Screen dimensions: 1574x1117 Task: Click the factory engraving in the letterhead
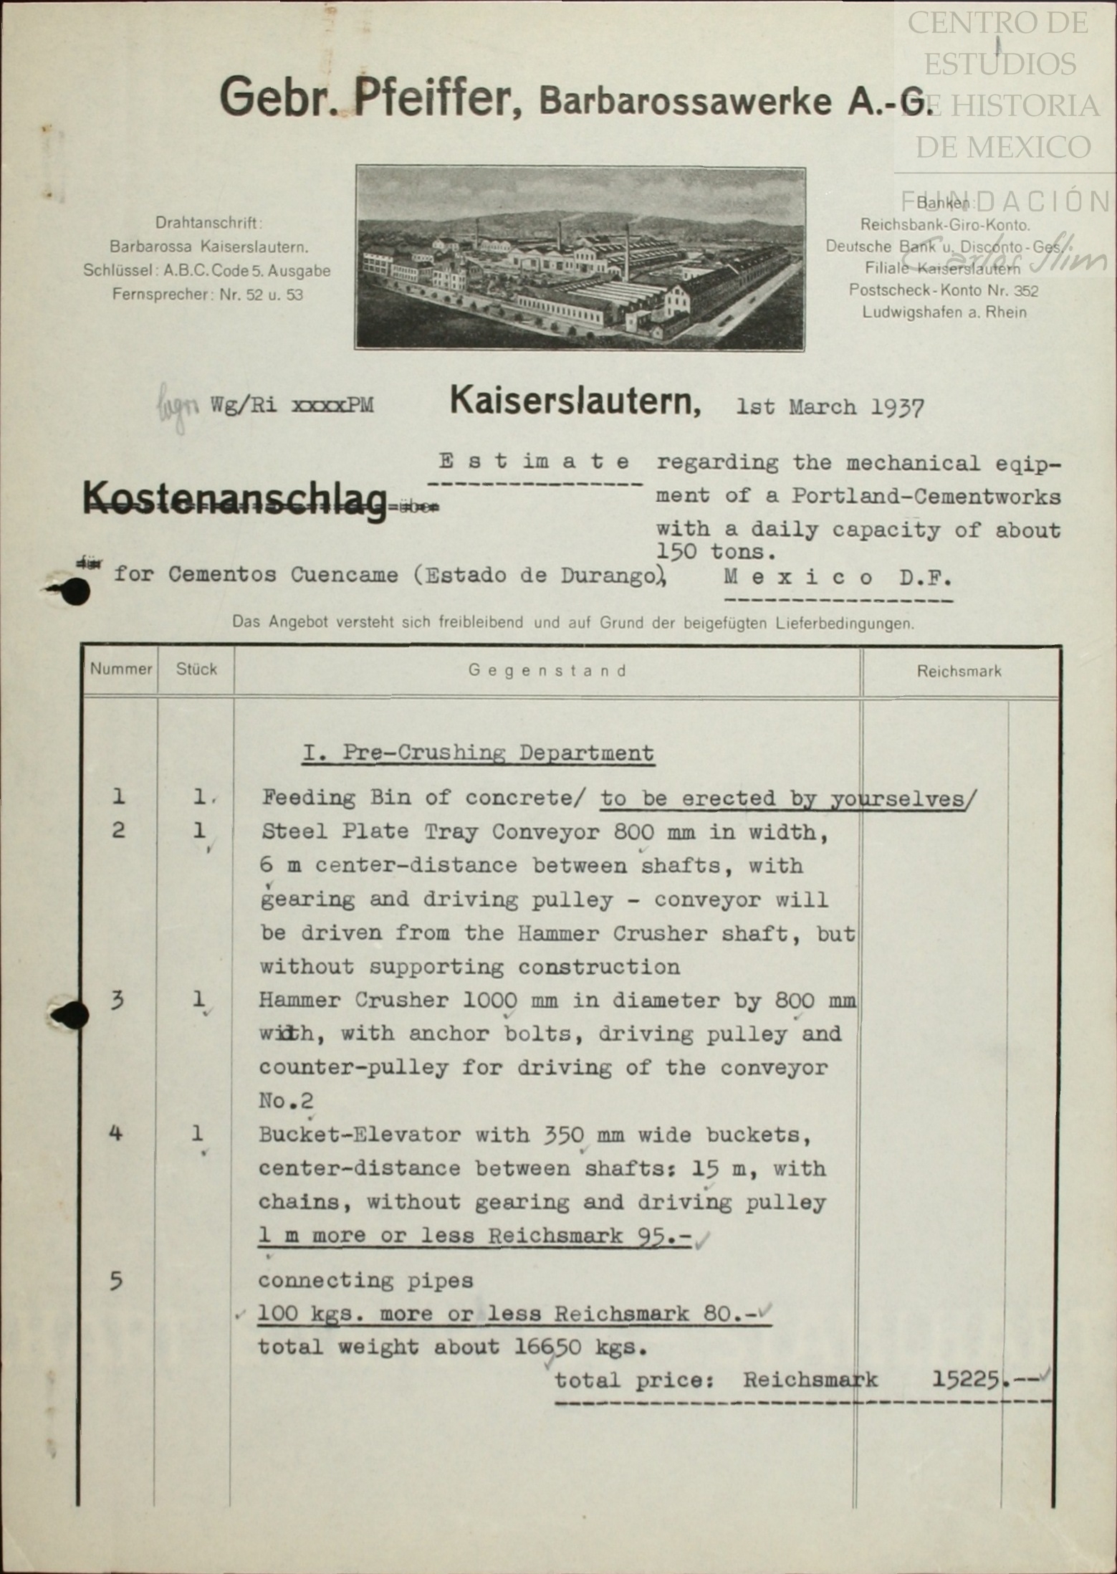coord(580,258)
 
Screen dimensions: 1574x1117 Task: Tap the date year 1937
coord(897,408)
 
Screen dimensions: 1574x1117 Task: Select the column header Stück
coord(196,669)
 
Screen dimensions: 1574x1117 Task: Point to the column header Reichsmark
coord(959,672)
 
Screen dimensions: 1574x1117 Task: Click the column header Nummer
coord(120,669)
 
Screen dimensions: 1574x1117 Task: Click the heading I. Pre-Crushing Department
coord(478,753)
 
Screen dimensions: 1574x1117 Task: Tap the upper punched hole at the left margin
coord(74,591)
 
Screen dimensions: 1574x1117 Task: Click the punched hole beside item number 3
coord(72,1015)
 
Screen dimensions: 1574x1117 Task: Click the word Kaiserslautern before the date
coord(575,402)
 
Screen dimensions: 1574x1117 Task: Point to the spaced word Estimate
coord(534,462)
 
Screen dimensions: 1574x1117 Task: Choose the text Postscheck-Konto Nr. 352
coord(943,290)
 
